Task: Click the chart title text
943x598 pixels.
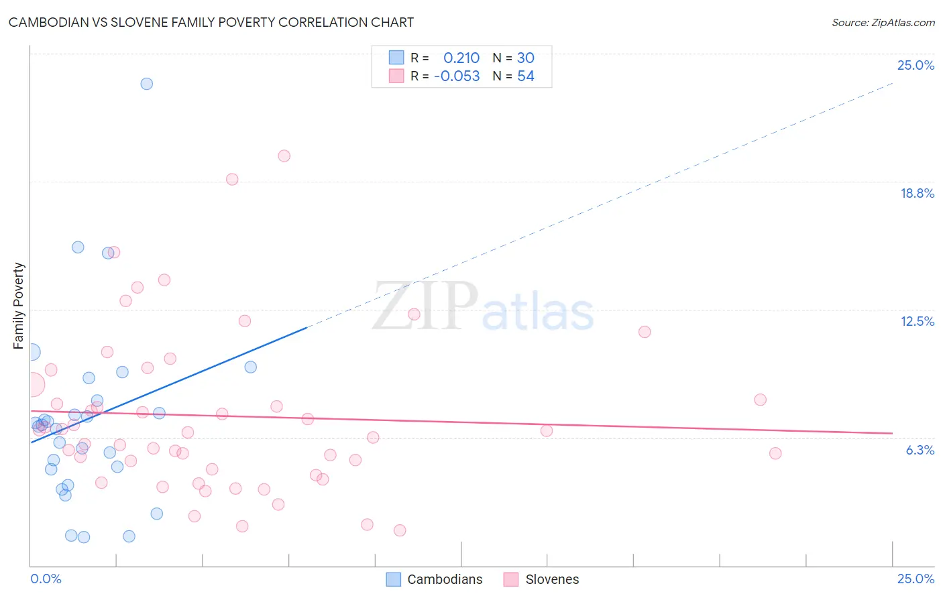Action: coord(211,22)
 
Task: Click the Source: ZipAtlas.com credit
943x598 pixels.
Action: coord(883,23)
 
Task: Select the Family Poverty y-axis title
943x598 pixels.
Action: coord(19,306)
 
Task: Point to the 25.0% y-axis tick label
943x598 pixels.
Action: coord(916,65)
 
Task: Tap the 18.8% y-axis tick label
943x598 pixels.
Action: coord(917,193)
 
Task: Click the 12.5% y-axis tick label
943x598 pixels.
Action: coord(917,321)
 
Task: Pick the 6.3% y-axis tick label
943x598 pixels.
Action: coord(920,450)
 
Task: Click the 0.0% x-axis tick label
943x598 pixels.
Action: coord(46,579)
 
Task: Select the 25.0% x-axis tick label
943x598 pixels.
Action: coord(916,579)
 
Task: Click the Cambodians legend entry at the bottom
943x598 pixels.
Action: coord(444,579)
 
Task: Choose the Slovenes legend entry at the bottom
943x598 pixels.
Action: coord(551,579)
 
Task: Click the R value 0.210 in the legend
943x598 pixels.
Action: coord(461,58)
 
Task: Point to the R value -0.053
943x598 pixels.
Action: coord(457,76)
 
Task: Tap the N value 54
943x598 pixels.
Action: coord(526,76)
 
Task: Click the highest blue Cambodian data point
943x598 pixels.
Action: coord(146,84)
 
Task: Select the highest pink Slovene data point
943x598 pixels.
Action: coord(284,156)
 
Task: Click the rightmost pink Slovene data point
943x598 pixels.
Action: coord(775,453)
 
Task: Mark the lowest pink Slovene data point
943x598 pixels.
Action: coord(400,530)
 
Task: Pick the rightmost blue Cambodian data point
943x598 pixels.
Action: coord(250,367)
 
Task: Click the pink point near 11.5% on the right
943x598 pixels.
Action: coord(645,332)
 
